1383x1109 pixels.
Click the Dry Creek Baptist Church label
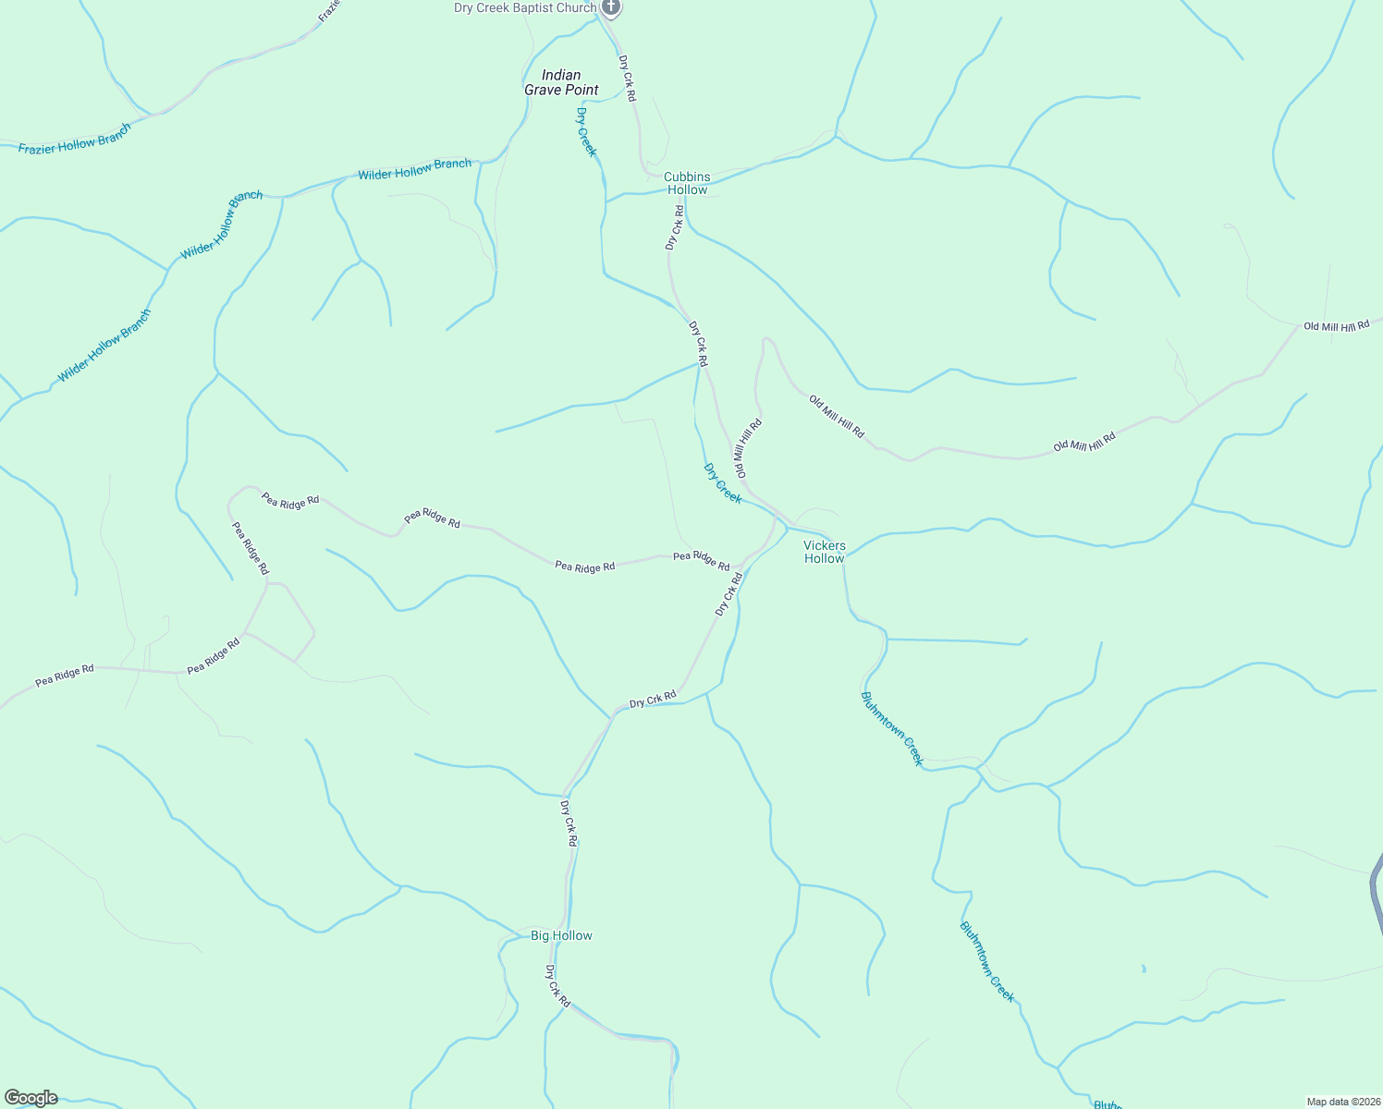525,8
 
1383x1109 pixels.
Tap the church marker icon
610,7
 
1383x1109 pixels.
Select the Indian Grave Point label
561,82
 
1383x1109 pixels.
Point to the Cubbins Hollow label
687,183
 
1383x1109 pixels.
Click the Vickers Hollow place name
824,552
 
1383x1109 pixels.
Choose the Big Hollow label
561,935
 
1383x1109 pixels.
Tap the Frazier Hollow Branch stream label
75,138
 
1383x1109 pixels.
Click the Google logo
31,1098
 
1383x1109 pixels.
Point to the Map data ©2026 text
1342,1102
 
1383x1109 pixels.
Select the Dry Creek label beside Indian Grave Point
587,132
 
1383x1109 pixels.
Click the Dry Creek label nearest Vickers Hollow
723,483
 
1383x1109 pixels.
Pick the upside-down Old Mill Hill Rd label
747,448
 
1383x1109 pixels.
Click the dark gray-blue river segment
1376,887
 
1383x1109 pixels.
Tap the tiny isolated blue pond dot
1144,969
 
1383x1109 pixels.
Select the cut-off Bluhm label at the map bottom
1108,1104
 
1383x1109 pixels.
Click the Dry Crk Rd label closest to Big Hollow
557,986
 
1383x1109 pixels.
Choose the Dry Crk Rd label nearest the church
627,78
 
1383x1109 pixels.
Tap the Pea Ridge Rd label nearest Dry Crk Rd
701,560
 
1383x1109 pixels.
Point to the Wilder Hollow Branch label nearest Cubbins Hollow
415,169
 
